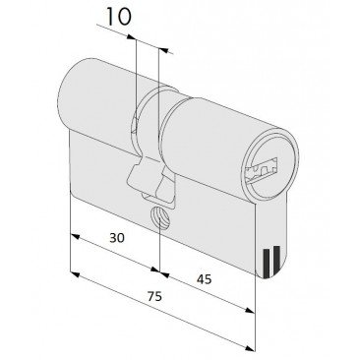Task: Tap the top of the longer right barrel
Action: (x=211, y=98)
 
